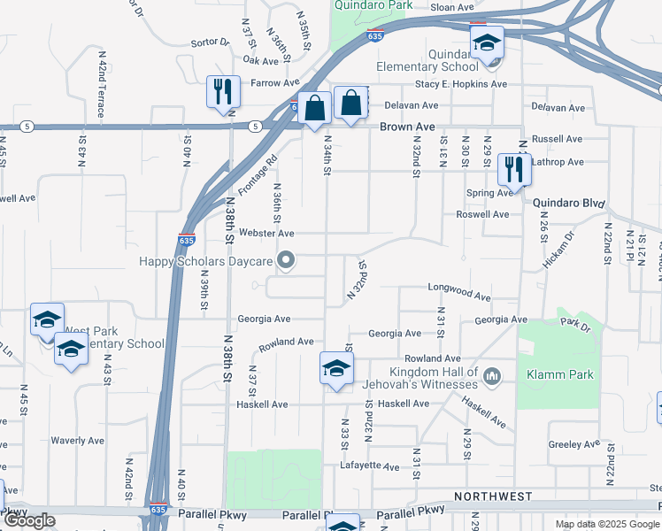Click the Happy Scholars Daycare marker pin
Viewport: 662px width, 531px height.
click(285, 260)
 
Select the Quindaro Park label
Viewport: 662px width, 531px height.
click(373, 5)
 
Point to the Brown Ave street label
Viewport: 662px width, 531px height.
click(407, 127)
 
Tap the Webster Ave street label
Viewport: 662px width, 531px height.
click(266, 233)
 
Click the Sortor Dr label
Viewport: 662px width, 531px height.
click(210, 42)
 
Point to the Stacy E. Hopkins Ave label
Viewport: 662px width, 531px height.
click(461, 84)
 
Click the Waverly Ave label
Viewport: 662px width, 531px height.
click(77, 440)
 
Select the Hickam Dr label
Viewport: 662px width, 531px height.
click(558, 250)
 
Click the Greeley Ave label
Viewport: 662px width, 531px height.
click(576, 445)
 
